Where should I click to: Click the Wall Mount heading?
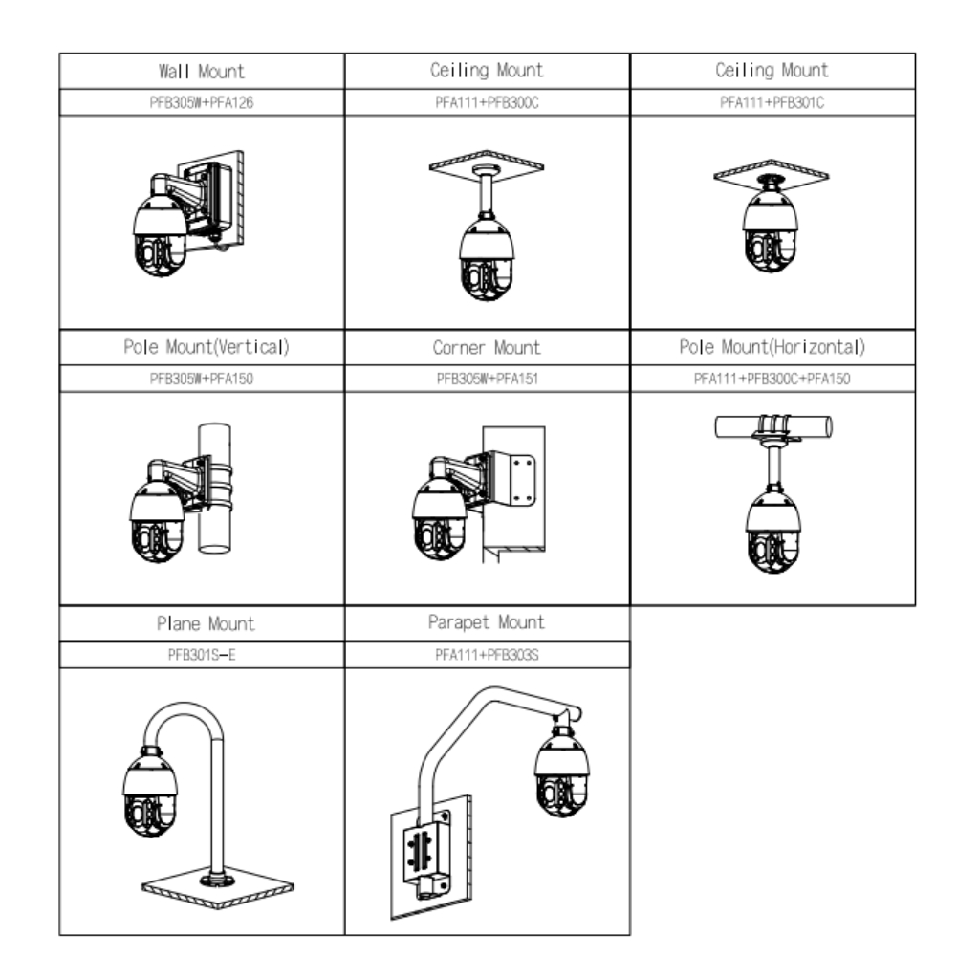pos(201,71)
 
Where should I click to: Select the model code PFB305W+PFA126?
pos(201,103)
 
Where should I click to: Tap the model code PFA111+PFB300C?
pos(487,103)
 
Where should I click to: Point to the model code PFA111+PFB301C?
pos(772,103)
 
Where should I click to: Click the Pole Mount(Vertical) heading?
pos(201,347)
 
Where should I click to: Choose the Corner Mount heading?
pos(487,347)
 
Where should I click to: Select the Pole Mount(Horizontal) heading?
pos(772,347)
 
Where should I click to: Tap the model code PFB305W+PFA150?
pos(201,380)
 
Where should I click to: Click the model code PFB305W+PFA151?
pos(487,380)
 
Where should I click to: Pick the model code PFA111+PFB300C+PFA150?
pos(772,380)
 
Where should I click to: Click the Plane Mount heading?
pos(201,623)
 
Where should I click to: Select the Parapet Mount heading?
pos(487,622)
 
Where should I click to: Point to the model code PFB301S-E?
pos(201,656)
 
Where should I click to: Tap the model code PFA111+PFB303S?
pos(487,656)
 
